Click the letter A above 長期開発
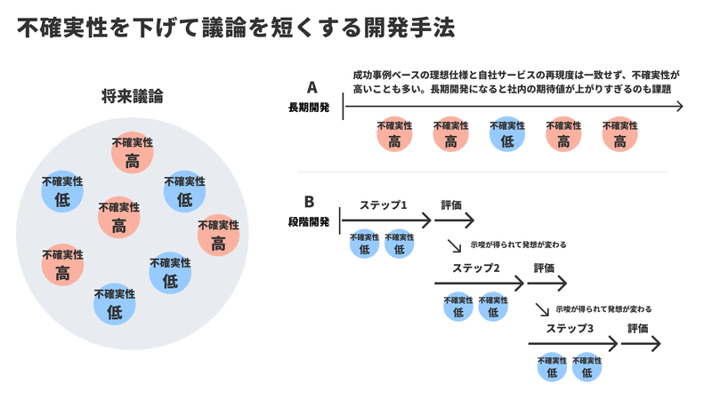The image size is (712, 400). point(312,87)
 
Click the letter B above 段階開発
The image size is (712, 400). point(309,202)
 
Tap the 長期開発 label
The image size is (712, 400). point(309,108)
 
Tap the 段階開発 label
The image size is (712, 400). point(309,221)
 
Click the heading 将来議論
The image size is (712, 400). point(132,96)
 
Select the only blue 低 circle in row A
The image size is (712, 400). point(507,135)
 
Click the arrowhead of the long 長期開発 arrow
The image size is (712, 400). point(680,106)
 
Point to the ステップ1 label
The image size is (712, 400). point(384,205)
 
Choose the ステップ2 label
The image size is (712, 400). point(476,268)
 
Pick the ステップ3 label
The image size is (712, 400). point(570,328)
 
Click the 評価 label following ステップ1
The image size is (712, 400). point(451,205)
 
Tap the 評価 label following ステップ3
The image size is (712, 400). point(638,328)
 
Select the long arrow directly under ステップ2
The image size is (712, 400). point(479,284)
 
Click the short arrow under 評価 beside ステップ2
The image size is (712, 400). point(547,284)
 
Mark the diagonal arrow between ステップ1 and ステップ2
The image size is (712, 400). point(454,245)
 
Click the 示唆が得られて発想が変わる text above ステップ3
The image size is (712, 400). point(604,309)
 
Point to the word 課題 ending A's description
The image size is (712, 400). point(661,89)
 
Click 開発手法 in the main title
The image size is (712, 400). point(409,28)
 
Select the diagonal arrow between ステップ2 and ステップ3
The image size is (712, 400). point(542,309)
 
